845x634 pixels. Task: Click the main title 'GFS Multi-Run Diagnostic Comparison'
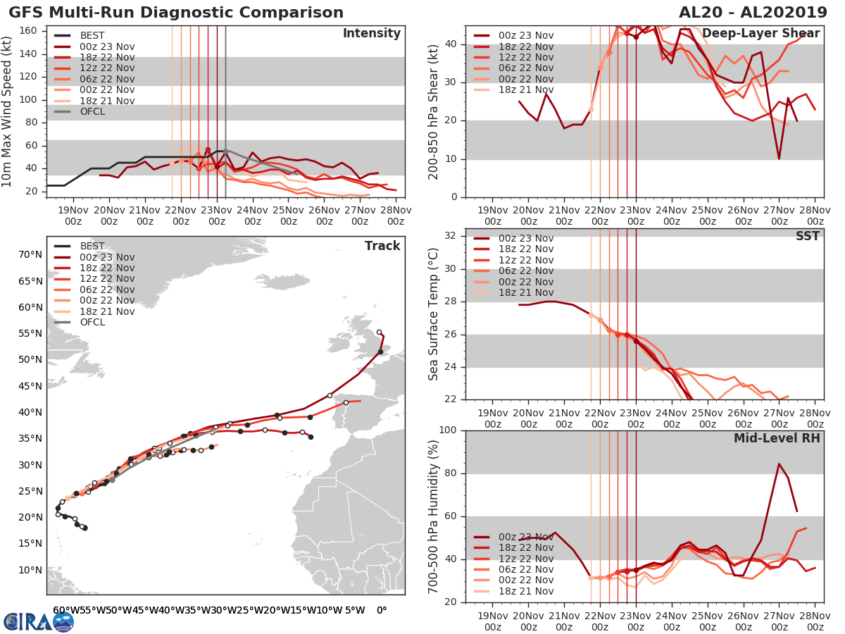(x=176, y=13)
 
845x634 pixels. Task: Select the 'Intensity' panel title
(x=371, y=34)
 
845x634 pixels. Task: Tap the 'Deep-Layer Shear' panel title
(x=760, y=34)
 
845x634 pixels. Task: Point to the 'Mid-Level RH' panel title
(x=777, y=438)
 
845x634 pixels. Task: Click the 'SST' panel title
(x=808, y=236)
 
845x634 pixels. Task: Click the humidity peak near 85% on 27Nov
(x=779, y=464)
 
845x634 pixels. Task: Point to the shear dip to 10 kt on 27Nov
(x=779, y=158)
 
